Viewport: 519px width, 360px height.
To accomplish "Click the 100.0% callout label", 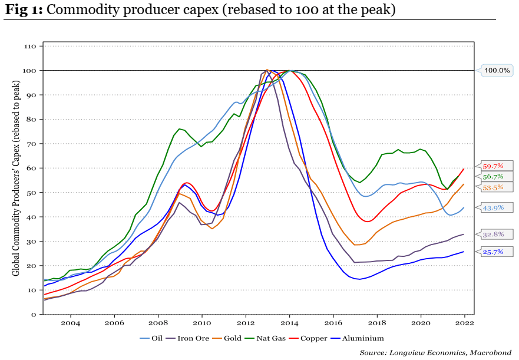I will tap(497, 71).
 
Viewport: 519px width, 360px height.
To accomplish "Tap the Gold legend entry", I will tap(231, 338).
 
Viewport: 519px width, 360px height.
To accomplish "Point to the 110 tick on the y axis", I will tap(31, 46).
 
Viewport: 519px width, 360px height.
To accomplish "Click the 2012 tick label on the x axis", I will tap(246, 323).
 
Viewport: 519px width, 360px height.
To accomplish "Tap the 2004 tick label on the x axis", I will tap(70, 323).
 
